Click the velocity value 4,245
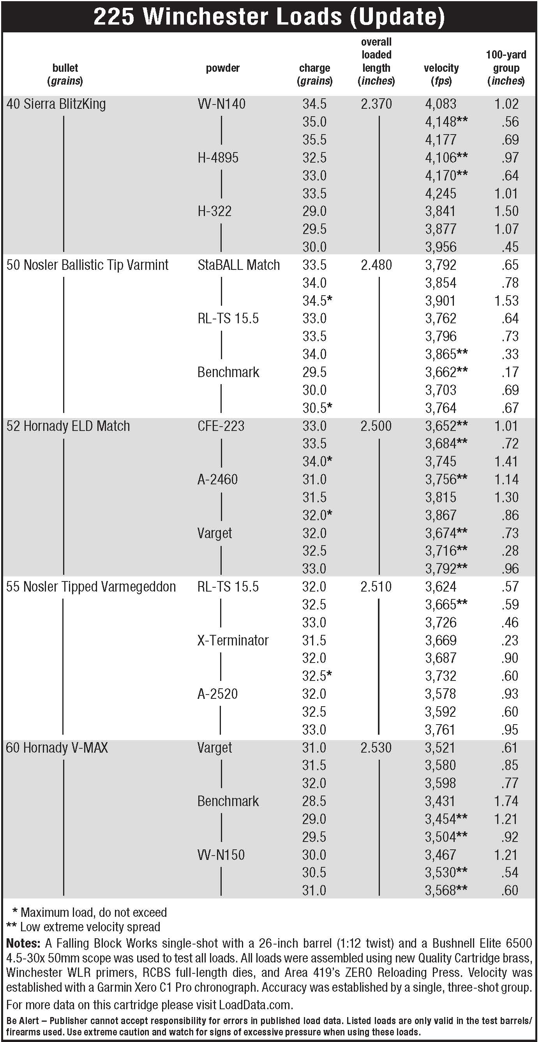[x=440, y=193]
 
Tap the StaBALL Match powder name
[x=238, y=265]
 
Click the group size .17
[x=510, y=372]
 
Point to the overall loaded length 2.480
[x=376, y=265]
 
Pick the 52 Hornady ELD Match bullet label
[x=68, y=426]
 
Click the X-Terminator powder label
[x=233, y=640]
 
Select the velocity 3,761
[x=440, y=730]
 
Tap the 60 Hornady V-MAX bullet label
[x=57, y=748]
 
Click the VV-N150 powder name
[x=221, y=855]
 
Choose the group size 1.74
[x=506, y=801]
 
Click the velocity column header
[x=441, y=74]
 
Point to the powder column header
[x=222, y=68]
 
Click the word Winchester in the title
[x=242, y=17]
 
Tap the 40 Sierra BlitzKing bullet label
[x=56, y=104]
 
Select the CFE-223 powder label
[x=221, y=426]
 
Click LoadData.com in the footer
[x=255, y=1005]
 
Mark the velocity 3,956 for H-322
[x=440, y=247]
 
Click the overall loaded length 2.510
[x=376, y=587]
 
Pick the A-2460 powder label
[x=217, y=479]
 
